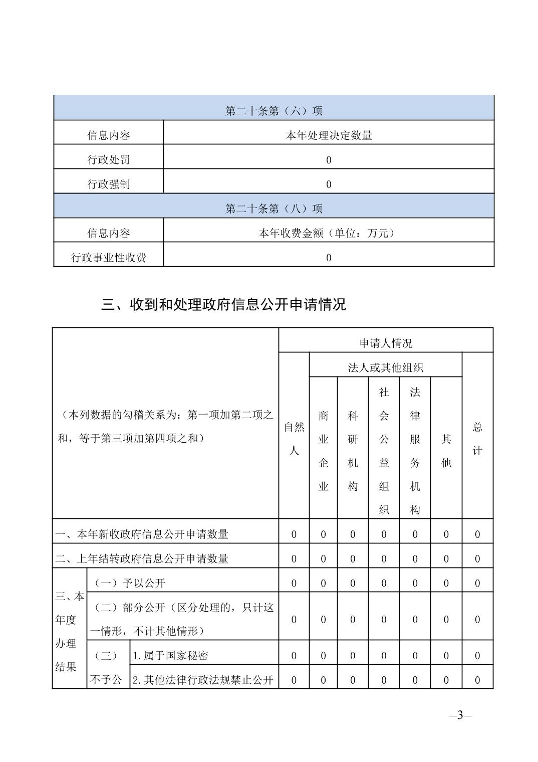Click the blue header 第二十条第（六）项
point(274,111)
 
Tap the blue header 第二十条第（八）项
point(274,209)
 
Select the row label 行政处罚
point(109,160)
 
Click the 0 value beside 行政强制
point(329,184)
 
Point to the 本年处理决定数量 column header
point(329,135)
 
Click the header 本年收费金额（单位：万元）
point(329,233)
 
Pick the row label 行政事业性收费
point(109,258)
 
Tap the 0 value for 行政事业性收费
point(329,258)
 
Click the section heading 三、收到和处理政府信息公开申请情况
point(223,304)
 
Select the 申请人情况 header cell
point(386,343)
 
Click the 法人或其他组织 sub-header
point(386,367)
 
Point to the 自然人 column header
point(294,439)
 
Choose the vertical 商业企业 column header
point(324,451)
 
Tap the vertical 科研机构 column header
point(353,451)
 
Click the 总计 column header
point(477,439)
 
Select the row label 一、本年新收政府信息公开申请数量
point(142,534)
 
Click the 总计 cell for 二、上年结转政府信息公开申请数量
point(477,558)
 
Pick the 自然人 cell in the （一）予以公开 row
point(294,583)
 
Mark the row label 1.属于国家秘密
point(170,656)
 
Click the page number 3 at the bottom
point(460,715)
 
